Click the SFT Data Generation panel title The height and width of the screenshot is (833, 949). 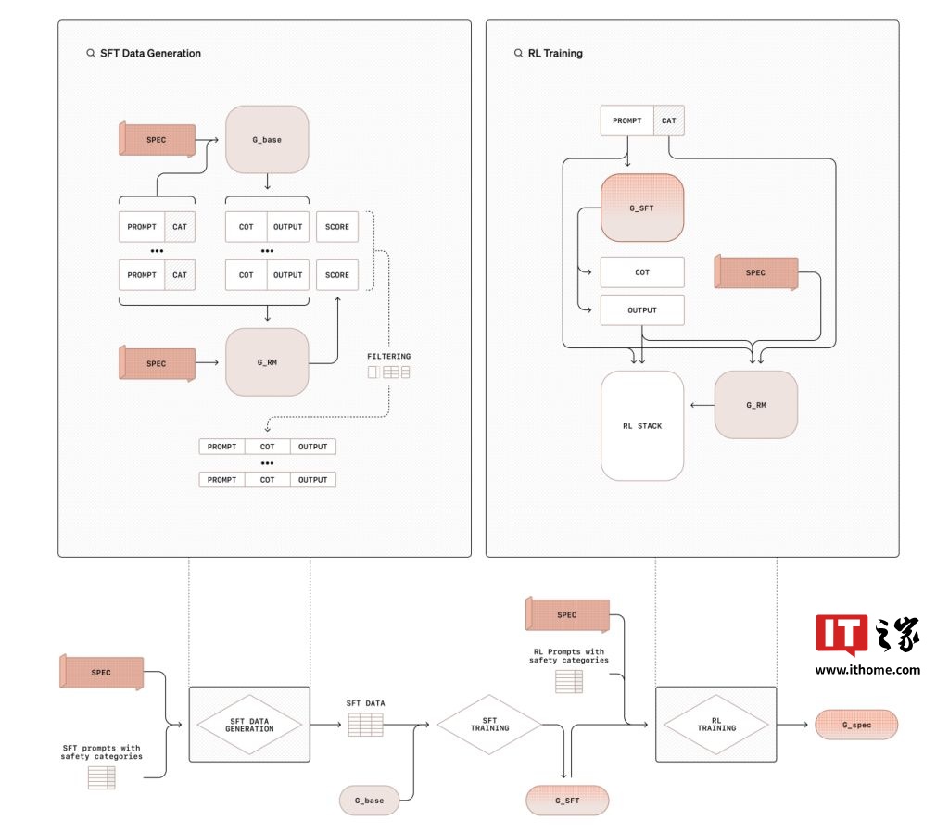[150, 54]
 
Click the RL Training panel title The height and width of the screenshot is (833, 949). [554, 54]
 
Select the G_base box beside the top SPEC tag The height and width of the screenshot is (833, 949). [267, 139]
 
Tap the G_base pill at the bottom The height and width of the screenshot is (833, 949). [369, 800]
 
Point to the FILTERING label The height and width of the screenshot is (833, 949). [388, 356]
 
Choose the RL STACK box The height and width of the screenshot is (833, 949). [642, 426]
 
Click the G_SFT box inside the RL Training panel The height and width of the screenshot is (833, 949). [641, 208]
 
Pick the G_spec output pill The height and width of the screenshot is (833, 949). [856, 725]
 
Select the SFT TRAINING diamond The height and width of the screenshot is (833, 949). [490, 726]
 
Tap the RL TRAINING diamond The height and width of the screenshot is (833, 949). [715, 725]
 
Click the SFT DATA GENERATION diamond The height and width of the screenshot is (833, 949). [249, 725]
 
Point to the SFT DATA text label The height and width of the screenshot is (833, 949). [365, 703]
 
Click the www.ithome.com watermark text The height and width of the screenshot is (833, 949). [867, 670]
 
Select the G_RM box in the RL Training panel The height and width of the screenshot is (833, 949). [756, 405]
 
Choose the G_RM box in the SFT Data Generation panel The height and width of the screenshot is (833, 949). [267, 362]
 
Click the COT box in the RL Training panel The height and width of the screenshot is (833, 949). [642, 272]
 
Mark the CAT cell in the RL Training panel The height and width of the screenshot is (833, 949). [669, 120]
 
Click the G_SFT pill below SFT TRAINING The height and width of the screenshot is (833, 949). [566, 800]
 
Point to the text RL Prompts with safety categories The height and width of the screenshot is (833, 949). [569, 656]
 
